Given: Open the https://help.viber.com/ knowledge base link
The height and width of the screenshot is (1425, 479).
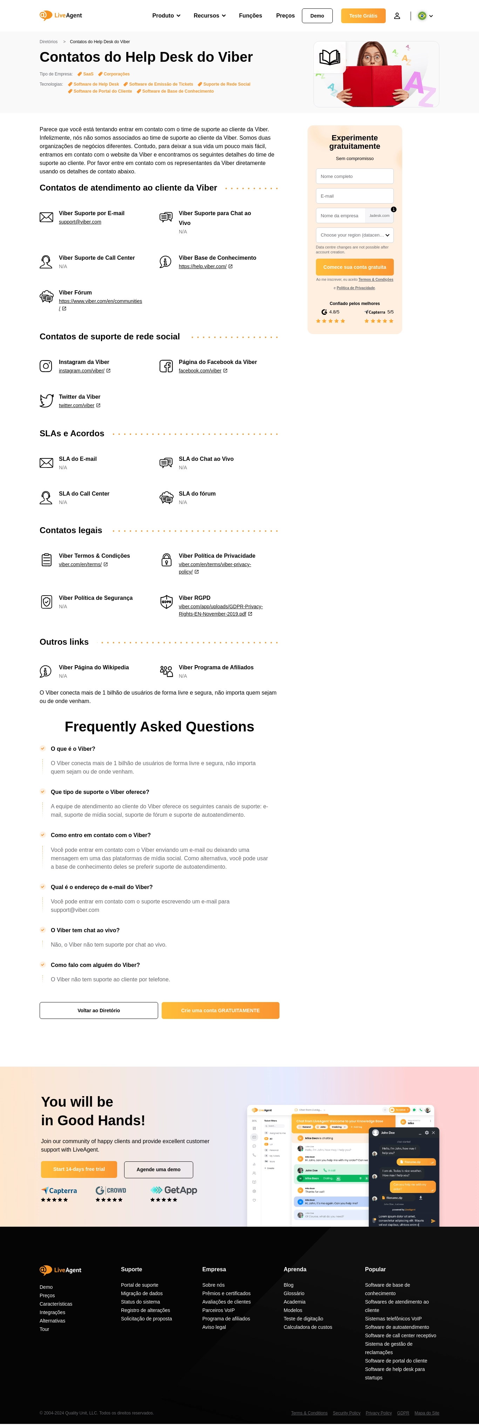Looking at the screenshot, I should pos(202,267).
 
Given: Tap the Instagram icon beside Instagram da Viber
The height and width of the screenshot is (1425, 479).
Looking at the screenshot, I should pos(46,366).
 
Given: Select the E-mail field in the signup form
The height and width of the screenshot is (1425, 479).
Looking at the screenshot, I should pos(355,196).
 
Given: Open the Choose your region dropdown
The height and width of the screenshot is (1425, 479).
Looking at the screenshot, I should pos(355,235).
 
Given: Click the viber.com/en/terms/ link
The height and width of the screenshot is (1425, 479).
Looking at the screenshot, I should pos(80,565).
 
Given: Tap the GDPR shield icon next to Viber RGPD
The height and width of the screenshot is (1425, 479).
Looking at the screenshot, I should pos(166,602).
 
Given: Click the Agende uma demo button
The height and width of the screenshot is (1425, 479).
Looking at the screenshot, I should pos(158,1169).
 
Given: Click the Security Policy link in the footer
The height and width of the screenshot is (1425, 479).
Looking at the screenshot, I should pos(346,1413).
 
